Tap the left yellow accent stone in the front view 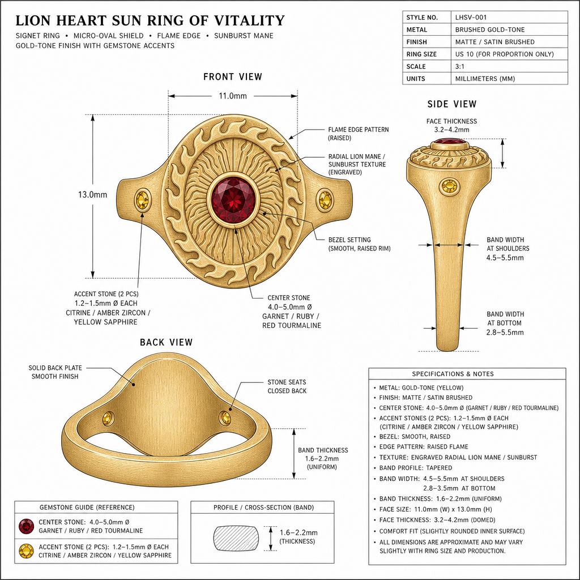142,200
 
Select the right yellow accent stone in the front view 325,199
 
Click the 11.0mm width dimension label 233,96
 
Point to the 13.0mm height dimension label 92,195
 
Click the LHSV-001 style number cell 471,18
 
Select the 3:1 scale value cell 460,67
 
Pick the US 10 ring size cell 505,54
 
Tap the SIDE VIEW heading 452,104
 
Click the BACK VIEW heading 167,342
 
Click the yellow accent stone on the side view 449,186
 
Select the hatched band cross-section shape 236,538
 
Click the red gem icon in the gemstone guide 26,526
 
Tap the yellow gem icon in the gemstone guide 26,551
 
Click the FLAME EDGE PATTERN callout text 359,134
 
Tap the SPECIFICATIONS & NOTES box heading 453,374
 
